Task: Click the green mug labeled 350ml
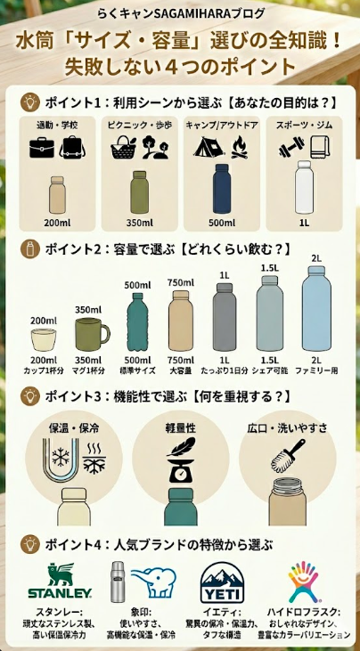click(x=90, y=335)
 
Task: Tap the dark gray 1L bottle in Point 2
click(x=224, y=319)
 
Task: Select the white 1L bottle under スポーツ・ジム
click(x=305, y=188)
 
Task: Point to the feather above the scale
click(x=182, y=444)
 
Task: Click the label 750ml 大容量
click(x=180, y=364)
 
